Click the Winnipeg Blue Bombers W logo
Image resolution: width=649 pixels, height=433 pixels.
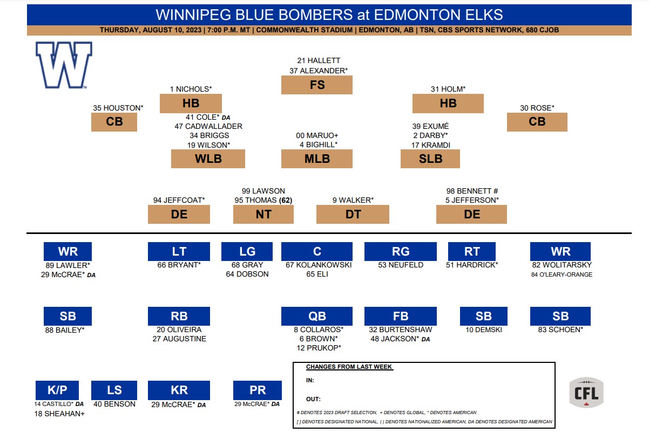point(64,65)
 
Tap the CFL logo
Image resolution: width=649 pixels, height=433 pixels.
point(586,392)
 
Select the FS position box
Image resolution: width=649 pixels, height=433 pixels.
point(317,85)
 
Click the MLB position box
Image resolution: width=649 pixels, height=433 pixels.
point(317,159)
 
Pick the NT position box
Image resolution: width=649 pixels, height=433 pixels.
point(263,214)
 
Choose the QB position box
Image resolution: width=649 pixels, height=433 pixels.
point(317,316)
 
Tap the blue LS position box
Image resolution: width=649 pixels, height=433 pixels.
point(114,390)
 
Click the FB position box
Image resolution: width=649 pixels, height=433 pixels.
point(400,316)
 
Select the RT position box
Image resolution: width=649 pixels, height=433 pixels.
point(471,251)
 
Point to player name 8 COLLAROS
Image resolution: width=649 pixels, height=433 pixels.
point(317,329)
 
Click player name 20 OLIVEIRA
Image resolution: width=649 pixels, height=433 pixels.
point(179,329)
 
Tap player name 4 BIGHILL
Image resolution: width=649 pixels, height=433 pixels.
point(318,145)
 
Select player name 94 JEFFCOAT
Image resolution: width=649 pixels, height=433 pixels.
point(179,200)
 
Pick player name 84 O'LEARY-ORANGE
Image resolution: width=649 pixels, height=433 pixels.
point(562,274)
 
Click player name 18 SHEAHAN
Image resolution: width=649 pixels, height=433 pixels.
point(59,414)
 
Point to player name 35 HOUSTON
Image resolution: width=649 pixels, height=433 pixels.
point(118,108)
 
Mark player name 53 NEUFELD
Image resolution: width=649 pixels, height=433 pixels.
point(400,265)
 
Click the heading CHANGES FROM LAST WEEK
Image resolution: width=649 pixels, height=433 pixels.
point(349,367)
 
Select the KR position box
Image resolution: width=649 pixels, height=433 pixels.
point(179,390)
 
